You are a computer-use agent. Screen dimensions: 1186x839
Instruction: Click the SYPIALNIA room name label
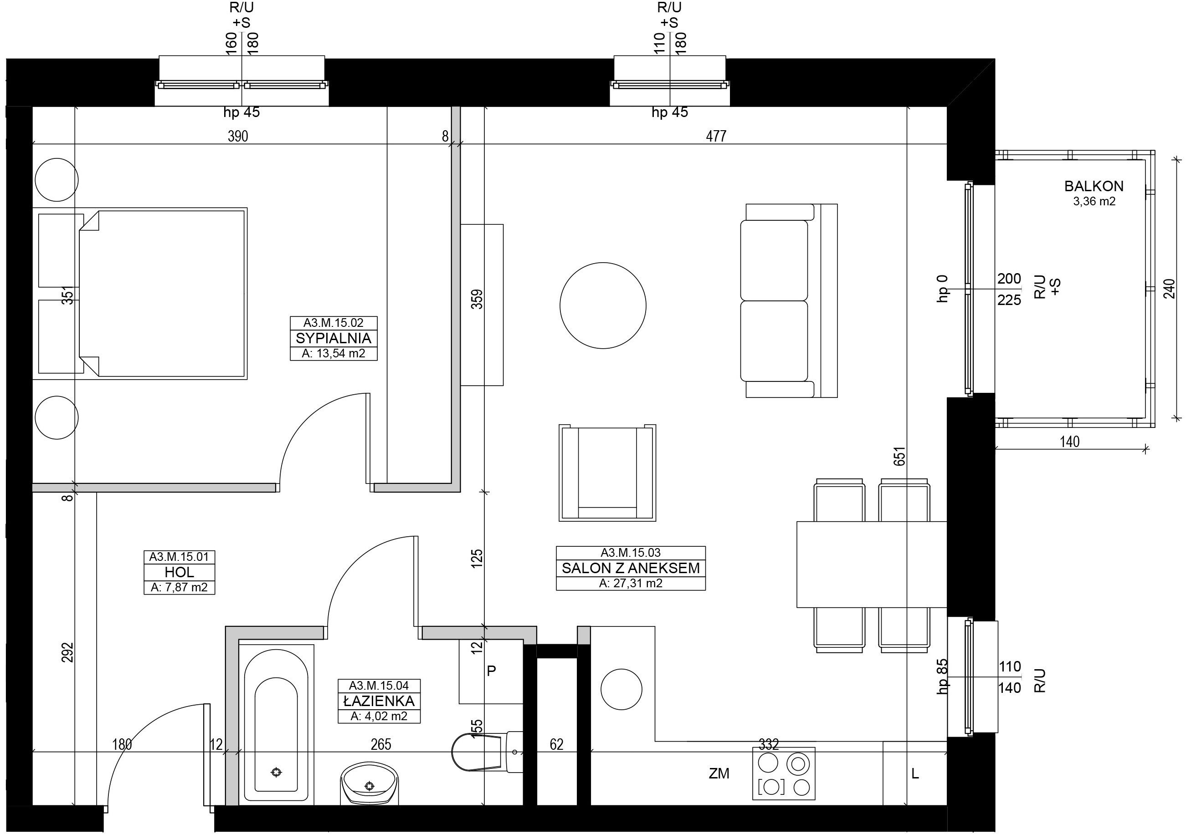(334, 338)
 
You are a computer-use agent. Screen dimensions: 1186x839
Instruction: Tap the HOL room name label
(180, 572)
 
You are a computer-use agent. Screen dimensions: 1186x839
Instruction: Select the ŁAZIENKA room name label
(379, 701)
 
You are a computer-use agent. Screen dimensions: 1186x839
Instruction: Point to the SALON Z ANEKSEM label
(631, 568)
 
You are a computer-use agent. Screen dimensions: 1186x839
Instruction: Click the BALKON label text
(1094, 186)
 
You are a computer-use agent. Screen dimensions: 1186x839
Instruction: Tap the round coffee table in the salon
(603, 305)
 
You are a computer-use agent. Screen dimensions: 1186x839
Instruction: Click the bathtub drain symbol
(277, 773)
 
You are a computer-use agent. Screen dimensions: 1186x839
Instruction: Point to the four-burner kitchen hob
(784, 773)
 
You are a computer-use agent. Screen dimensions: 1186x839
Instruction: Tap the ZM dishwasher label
(719, 774)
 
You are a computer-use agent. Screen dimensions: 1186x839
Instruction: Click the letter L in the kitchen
(915, 774)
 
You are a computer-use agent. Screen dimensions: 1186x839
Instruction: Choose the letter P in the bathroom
(492, 671)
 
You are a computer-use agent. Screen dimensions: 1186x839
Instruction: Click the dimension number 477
(716, 136)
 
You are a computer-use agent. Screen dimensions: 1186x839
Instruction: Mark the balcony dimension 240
(1170, 289)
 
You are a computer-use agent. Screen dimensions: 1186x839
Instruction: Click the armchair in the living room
(607, 473)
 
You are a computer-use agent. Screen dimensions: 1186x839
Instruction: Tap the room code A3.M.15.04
(379, 686)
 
